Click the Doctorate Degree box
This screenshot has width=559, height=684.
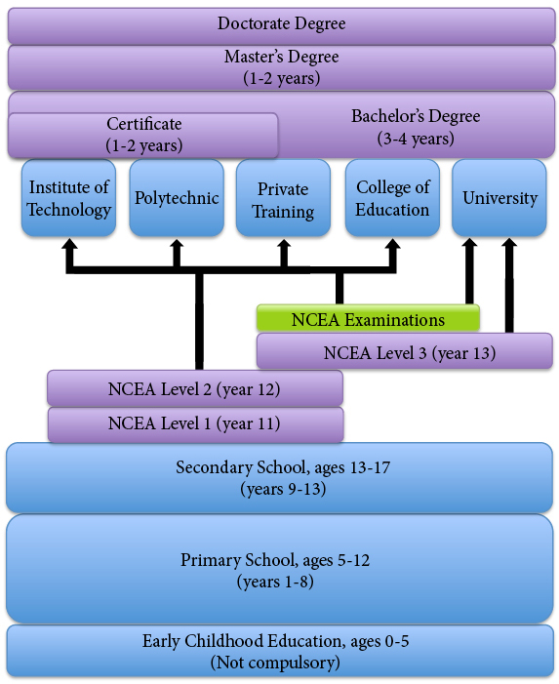(x=281, y=25)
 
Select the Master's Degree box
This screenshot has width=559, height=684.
(x=281, y=67)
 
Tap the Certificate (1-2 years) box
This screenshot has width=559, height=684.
(x=143, y=136)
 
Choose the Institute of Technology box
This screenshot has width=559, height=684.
(x=68, y=198)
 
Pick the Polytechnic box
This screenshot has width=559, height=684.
(x=177, y=198)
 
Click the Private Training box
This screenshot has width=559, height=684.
(x=283, y=198)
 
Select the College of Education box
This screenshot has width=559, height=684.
(x=392, y=198)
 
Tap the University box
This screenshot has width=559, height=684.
(x=499, y=198)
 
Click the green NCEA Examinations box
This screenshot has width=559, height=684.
(x=368, y=318)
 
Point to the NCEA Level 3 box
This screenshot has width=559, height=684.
(x=405, y=350)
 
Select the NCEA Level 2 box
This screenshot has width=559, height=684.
(x=195, y=387)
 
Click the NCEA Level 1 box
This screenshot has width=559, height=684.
(x=195, y=424)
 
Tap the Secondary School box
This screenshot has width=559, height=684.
(x=279, y=478)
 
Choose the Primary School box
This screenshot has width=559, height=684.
(x=279, y=569)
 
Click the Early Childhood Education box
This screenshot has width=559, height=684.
(x=279, y=651)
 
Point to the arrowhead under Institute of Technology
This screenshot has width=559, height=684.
(x=69, y=244)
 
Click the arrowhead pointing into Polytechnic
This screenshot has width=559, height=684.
(x=177, y=244)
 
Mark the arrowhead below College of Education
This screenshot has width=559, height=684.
(x=392, y=244)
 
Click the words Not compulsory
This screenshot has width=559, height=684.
(x=275, y=663)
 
